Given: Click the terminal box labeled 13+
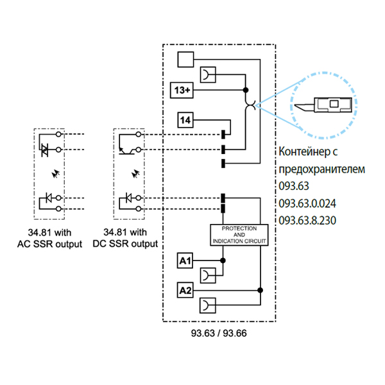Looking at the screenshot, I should click(182, 90).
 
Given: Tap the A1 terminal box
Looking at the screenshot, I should click(185, 261).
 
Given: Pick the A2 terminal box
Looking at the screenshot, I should click(185, 291).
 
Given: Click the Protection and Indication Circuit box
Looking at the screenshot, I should click(239, 234).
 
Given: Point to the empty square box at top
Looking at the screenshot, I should click(185, 60).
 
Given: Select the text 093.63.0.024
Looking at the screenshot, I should click(308, 203).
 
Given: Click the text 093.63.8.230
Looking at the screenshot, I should click(308, 220).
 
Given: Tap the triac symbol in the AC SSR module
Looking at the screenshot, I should click(44, 148).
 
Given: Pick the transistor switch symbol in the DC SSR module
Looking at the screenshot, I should click(126, 150).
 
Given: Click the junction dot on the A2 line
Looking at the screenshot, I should click(260, 291).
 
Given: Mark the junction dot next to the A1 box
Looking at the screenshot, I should click(223, 261).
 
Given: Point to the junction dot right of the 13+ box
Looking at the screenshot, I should click(246, 90).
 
